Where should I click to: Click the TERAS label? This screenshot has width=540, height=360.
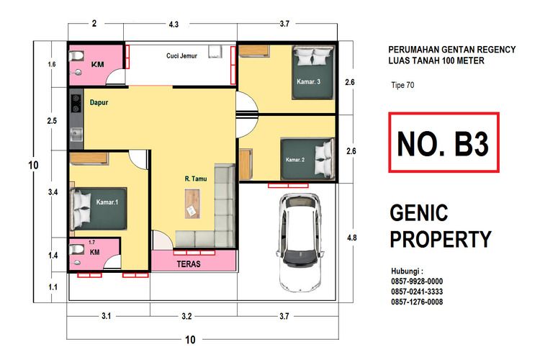(x=189, y=264)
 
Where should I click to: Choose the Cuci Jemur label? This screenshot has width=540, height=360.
(x=181, y=55)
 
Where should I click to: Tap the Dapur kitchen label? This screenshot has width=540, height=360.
(x=99, y=103)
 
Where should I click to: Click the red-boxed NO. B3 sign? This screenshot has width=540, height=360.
(x=443, y=143)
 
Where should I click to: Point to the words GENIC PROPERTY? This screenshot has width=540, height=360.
(x=440, y=226)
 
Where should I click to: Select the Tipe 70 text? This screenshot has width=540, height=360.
(x=401, y=85)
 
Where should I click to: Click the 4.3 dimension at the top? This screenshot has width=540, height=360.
(x=174, y=24)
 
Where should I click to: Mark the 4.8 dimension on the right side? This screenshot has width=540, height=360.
(x=351, y=237)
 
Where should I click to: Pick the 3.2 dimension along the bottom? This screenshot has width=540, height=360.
(x=186, y=316)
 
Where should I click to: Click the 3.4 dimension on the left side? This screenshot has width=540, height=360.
(x=52, y=192)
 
